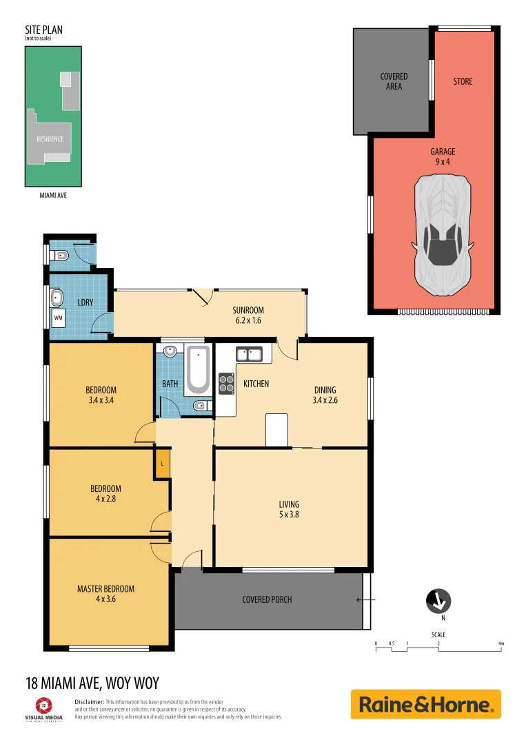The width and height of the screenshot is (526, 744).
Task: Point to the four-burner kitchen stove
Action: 226,382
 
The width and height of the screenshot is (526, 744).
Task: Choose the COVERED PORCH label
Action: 267,599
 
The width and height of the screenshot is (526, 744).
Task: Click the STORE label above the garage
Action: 463,81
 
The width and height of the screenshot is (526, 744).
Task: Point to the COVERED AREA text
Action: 394,81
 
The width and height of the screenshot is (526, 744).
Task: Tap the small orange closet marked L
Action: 162,463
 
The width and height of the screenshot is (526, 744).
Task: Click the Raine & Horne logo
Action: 425,705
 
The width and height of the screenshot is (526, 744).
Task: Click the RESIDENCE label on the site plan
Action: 50,139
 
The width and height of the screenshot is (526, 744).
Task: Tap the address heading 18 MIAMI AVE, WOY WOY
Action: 92,683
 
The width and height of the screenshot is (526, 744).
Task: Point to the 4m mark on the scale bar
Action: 501,643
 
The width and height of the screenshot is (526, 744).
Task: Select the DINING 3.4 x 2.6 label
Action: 325,394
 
